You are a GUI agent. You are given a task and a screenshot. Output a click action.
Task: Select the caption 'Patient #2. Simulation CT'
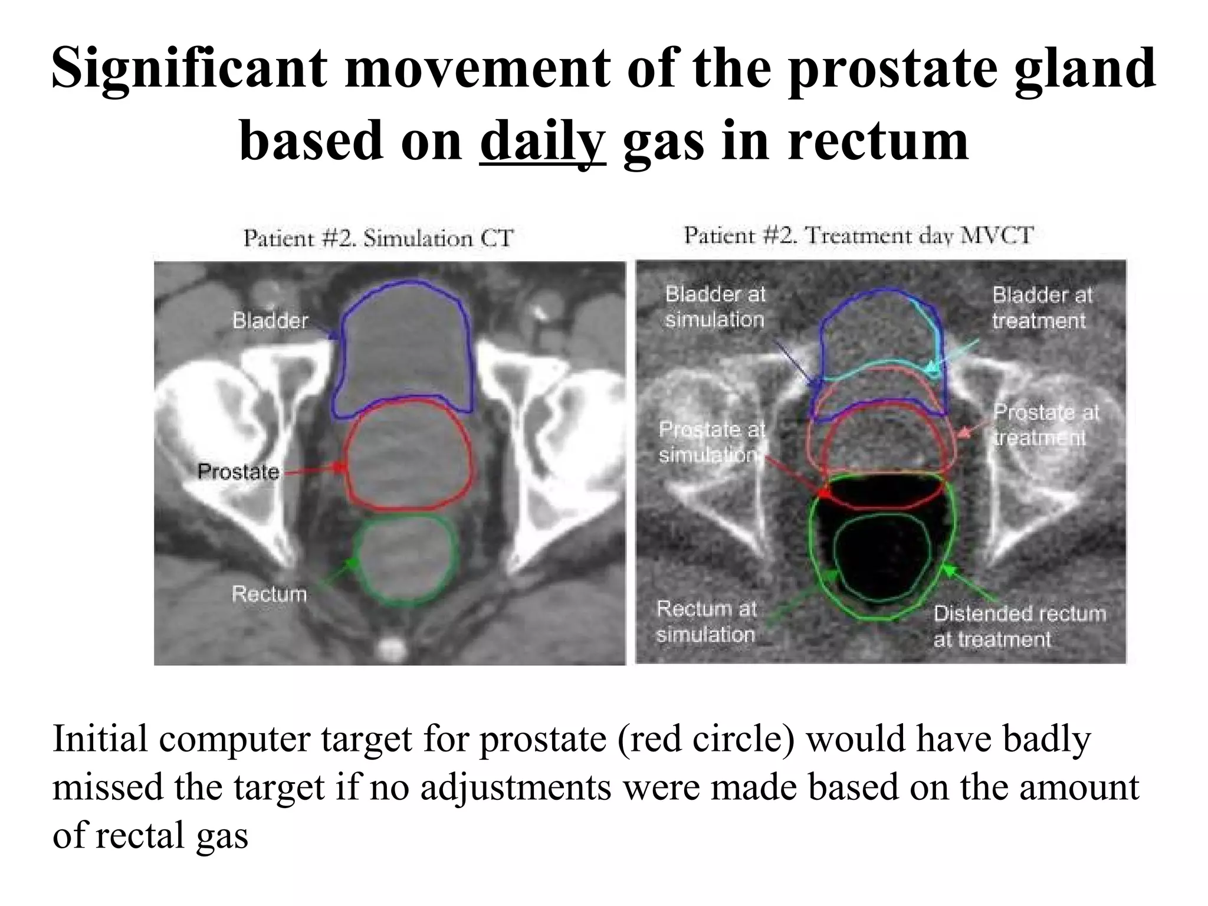click(x=379, y=238)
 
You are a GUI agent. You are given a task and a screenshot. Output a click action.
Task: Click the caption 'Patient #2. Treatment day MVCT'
click(x=858, y=235)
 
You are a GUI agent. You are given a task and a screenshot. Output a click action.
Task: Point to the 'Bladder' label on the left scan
click(x=270, y=321)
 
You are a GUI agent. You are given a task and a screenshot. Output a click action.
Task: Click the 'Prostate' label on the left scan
click(x=238, y=471)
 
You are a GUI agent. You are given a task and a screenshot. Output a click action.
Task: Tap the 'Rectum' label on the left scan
click(x=269, y=593)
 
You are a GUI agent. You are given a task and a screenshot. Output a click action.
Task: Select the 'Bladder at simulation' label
click(x=715, y=307)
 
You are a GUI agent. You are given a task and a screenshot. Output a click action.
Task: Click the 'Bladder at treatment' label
click(x=1042, y=307)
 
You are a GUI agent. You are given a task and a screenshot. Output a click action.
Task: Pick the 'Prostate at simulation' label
click(x=711, y=442)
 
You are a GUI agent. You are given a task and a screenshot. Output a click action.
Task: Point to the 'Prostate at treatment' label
click(x=1045, y=425)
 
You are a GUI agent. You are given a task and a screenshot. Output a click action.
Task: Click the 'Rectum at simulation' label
click(x=706, y=621)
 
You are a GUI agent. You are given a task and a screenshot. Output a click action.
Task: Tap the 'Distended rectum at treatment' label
click(x=1019, y=626)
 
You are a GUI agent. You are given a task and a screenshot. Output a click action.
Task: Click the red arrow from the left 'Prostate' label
click(x=313, y=470)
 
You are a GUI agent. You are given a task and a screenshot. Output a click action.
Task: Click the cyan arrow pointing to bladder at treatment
click(x=953, y=354)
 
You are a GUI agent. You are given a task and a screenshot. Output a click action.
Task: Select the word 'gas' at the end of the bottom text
click(x=222, y=836)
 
